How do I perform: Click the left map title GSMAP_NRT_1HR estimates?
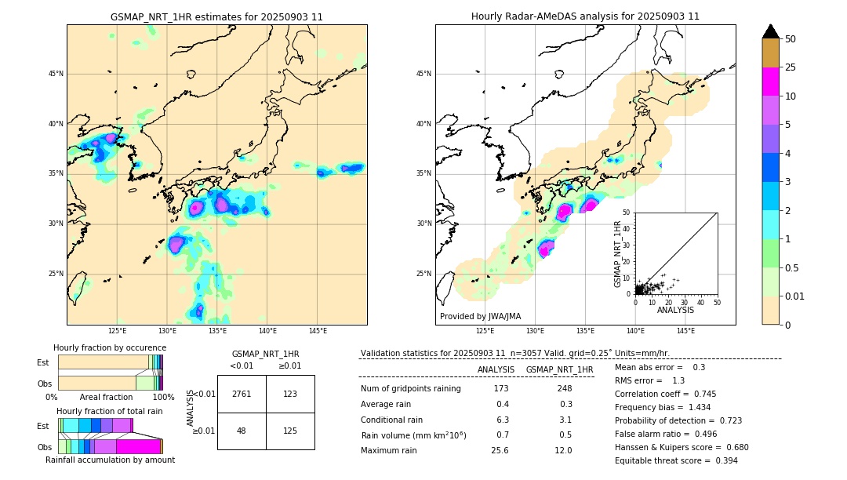pos(216,16)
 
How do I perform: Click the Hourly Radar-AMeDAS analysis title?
pos(585,16)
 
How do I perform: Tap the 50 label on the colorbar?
pos(791,39)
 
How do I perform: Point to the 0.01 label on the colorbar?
pos(795,296)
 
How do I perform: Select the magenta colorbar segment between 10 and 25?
pos(770,82)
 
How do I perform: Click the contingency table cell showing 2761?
pos(242,394)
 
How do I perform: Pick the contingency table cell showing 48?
pos(242,431)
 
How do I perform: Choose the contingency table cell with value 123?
pos(290,394)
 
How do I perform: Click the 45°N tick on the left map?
pos(56,74)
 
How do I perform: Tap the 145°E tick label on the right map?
pos(685,331)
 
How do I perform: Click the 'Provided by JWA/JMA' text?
pos(480,317)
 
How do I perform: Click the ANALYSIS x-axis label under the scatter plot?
pos(675,310)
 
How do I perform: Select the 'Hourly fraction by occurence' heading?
pos(110,347)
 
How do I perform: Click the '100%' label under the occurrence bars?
pos(163,398)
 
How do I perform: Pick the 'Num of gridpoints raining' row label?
pos(410,389)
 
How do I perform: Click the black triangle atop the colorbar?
pos(770,31)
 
